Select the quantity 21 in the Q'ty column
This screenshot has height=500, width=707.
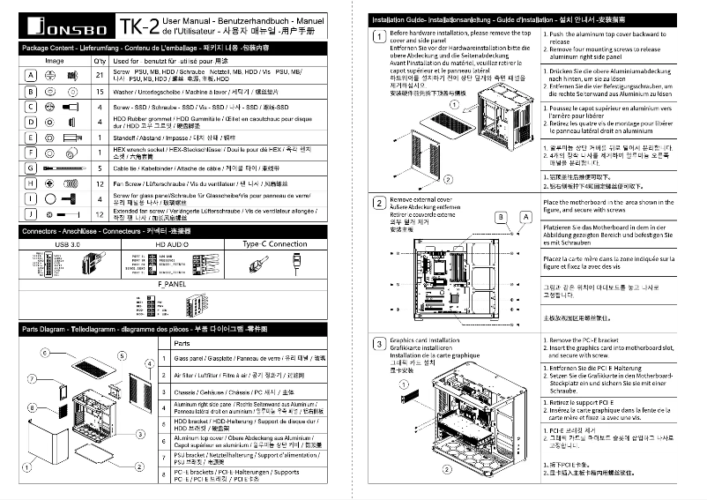pos(100,76)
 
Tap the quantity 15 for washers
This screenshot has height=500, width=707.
pos(100,91)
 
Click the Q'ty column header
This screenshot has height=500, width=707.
pos(100,60)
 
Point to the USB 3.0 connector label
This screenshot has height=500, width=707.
pos(68,243)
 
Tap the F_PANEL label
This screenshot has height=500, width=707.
pos(172,287)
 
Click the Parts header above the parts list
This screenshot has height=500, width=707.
pos(182,342)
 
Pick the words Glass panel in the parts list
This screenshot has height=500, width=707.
pos(190,359)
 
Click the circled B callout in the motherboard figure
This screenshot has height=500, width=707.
pos(501,216)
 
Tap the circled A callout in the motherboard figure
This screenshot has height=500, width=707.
pos(526,216)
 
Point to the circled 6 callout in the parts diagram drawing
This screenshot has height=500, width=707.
pos(44,352)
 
